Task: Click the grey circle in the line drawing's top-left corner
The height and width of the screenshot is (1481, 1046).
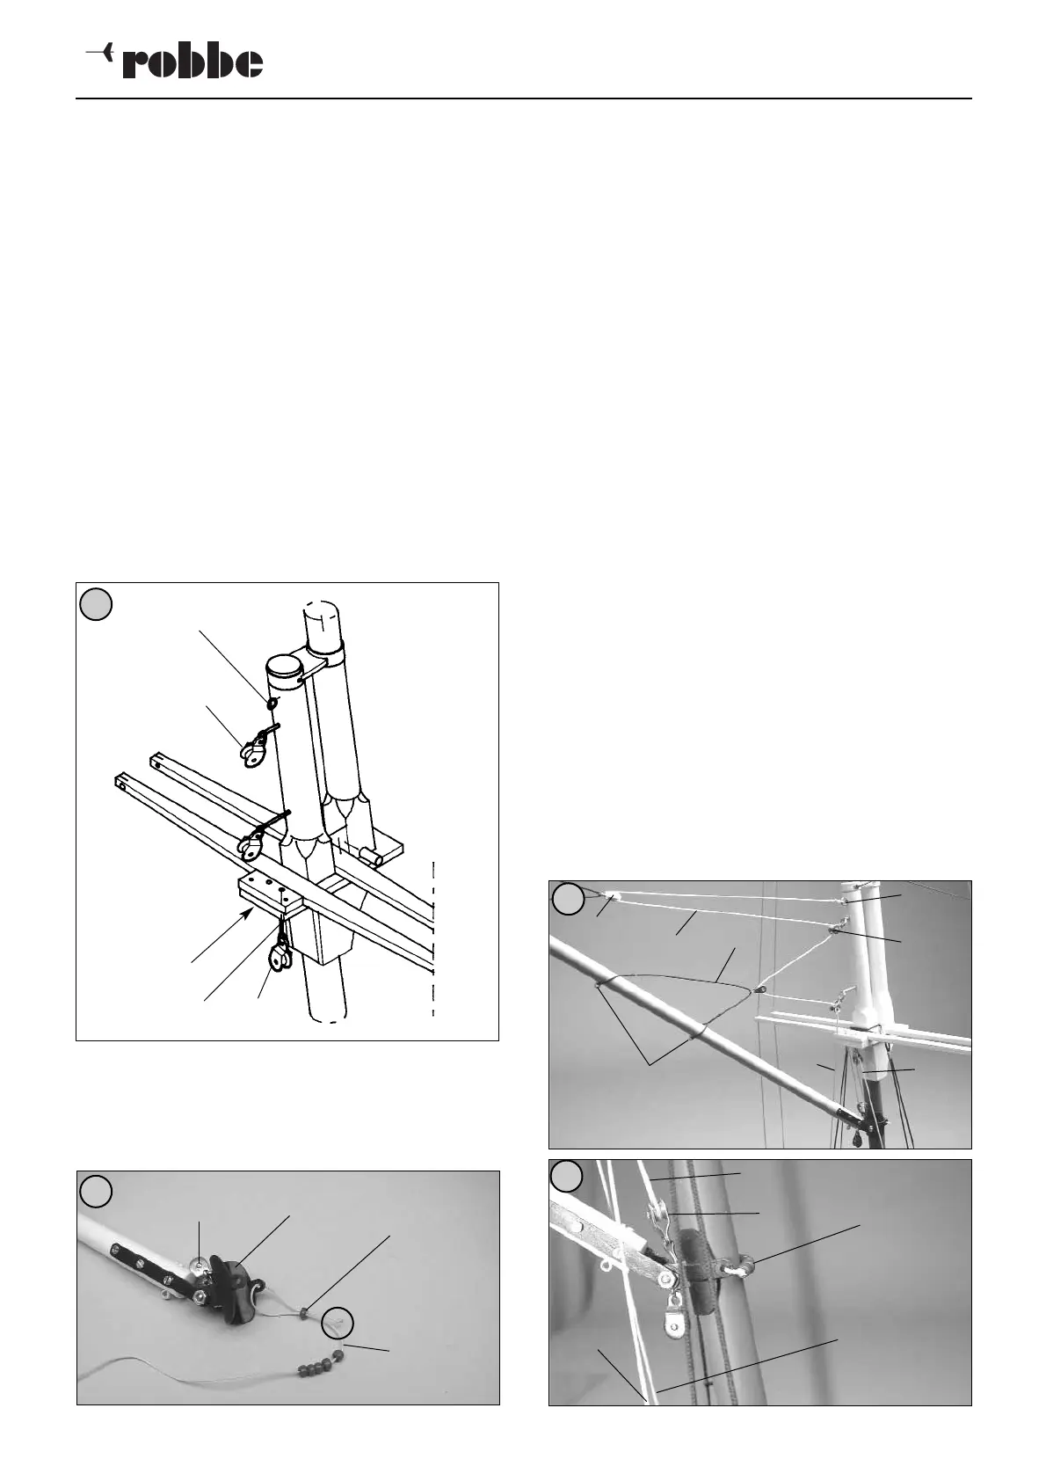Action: pos(96,603)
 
